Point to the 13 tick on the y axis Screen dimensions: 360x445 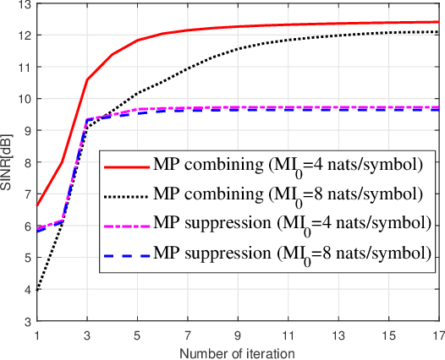tap(25, 5)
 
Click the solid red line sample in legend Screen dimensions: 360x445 tap(126, 166)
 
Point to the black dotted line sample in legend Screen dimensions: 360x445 tap(126, 195)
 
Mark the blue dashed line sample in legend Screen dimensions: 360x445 tap(126, 254)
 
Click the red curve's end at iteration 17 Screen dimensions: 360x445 tap(437, 22)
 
